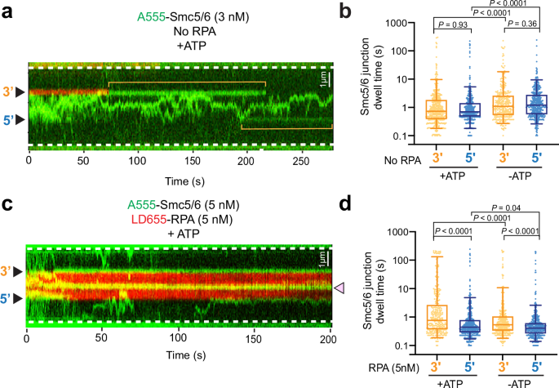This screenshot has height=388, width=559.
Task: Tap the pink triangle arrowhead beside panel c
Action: point(339,286)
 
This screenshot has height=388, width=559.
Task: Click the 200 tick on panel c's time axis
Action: point(327,337)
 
